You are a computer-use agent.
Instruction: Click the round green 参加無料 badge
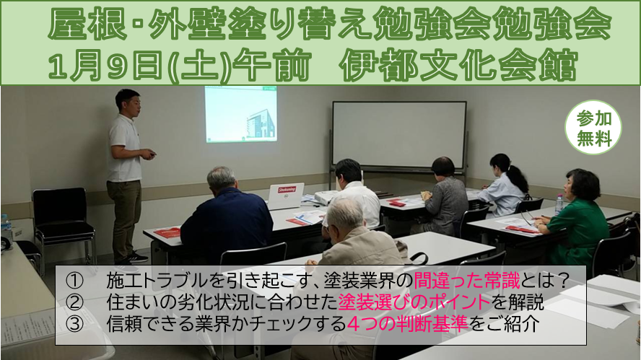tap(593, 127)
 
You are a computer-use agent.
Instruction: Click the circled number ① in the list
tap(75, 281)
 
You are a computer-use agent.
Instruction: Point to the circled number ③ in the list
tap(75, 324)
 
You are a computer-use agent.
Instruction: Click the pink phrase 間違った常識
tap(467, 281)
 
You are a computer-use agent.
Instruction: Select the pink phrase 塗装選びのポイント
tap(414, 302)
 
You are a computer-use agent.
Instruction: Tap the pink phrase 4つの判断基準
tap(407, 324)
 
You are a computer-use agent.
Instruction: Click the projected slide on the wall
tap(241, 114)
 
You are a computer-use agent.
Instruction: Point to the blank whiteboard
tap(399, 135)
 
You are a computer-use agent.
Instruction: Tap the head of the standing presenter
tap(128, 103)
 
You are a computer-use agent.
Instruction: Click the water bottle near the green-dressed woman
tap(559, 204)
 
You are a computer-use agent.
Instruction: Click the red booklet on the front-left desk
tap(167, 233)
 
